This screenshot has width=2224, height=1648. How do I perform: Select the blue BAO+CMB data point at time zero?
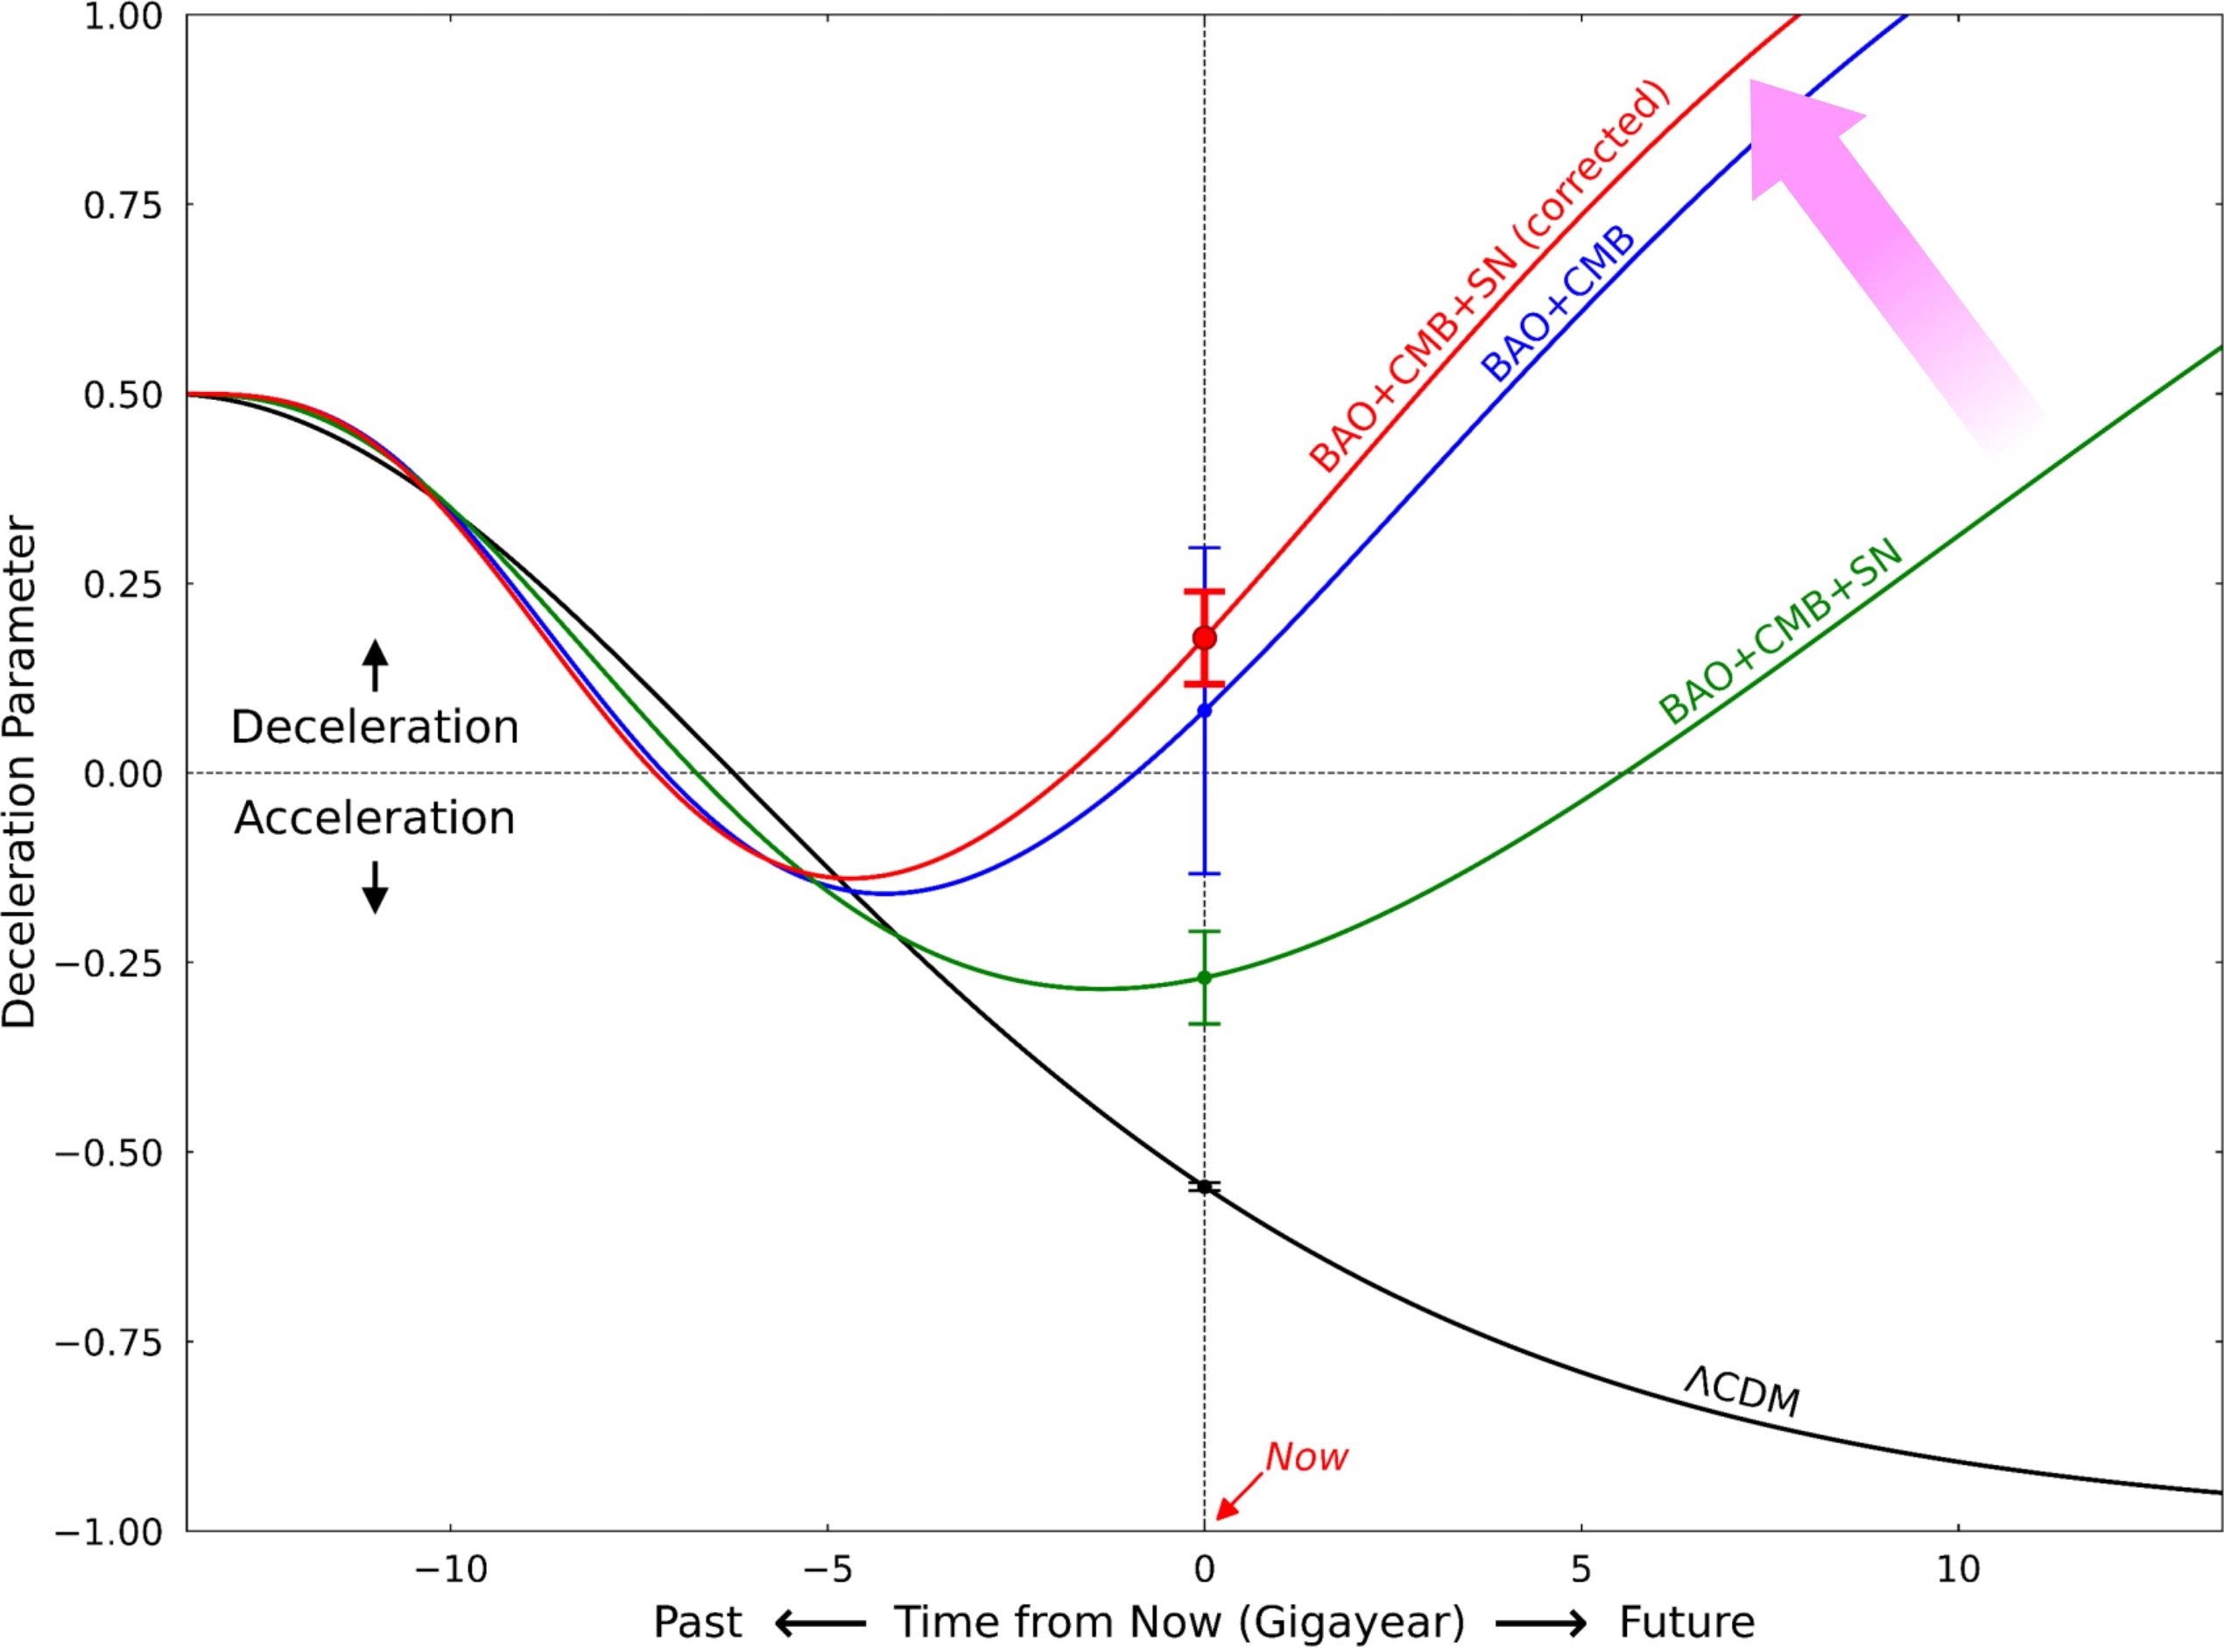(x=1204, y=711)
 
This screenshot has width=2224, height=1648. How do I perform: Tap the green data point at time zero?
(x=1204, y=978)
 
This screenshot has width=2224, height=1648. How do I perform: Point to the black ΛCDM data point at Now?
(x=1204, y=1187)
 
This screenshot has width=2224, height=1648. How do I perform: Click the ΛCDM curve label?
(x=1741, y=1391)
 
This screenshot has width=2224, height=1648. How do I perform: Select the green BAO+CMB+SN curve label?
(x=1780, y=633)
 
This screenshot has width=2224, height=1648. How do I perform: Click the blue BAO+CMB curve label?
(x=1559, y=305)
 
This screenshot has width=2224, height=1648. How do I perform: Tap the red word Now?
(x=1306, y=1457)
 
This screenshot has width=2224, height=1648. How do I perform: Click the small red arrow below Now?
(x=1229, y=1503)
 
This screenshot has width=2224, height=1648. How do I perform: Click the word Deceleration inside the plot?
(x=374, y=727)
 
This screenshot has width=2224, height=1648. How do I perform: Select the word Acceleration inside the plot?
(x=374, y=818)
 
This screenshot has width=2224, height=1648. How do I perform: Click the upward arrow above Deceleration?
(x=374, y=664)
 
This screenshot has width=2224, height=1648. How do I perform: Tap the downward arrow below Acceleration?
(x=374, y=887)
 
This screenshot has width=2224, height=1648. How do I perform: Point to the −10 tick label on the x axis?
(x=451, y=1570)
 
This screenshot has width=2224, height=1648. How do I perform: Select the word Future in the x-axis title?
(x=1686, y=1622)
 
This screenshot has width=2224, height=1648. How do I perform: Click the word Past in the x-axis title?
(x=698, y=1622)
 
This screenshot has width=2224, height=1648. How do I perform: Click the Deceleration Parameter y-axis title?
(x=20, y=773)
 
